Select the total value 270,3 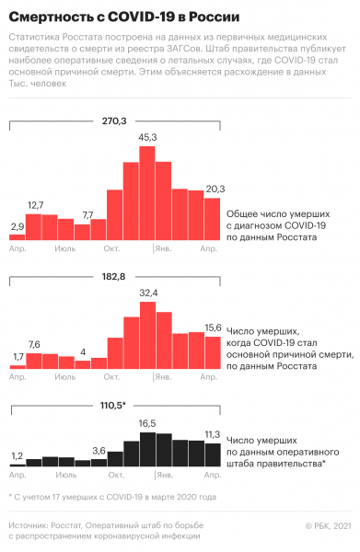point(114,120)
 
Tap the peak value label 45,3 point(148,137)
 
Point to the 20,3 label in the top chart point(214,188)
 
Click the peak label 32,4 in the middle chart point(148,293)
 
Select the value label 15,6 point(214,328)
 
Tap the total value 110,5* point(114,405)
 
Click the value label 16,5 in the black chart point(148,422)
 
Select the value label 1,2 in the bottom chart point(17,455)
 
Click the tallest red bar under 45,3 point(147,193)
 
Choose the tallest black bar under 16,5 point(147,450)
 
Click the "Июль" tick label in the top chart point(65,249)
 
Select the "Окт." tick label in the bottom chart point(114,476)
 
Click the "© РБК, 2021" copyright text point(327,525)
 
